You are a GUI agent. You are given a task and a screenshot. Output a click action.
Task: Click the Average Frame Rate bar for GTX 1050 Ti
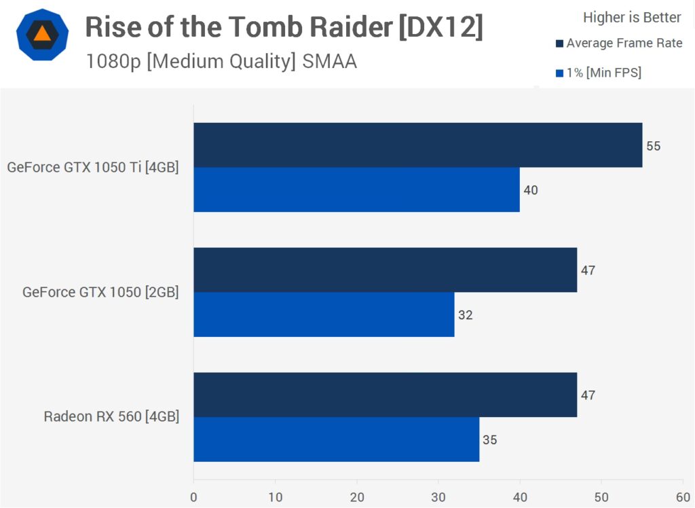tap(417, 145)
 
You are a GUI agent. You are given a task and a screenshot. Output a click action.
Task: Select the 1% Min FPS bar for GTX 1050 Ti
tap(356, 189)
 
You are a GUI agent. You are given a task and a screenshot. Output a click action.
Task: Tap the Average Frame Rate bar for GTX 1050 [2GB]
tap(385, 270)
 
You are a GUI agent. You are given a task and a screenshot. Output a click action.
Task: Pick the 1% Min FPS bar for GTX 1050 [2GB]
tap(324, 314)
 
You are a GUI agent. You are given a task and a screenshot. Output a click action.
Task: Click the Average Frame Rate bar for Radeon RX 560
tap(385, 395)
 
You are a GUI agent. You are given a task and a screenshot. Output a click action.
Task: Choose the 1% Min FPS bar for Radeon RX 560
tap(336, 439)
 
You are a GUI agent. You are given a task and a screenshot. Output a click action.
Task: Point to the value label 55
tap(653, 145)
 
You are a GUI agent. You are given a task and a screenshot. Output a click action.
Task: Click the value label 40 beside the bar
tap(531, 190)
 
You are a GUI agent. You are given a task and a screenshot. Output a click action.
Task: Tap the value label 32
tap(465, 315)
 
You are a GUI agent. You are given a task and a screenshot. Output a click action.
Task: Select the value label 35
tap(489, 440)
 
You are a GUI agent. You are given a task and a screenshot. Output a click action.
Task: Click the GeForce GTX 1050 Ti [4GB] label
tap(93, 167)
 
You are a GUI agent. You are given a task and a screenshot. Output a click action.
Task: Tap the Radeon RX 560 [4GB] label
tap(111, 416)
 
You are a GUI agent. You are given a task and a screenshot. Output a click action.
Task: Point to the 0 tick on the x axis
tap(194, 496)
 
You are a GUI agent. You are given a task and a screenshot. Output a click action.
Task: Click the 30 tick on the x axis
tap(438, 496)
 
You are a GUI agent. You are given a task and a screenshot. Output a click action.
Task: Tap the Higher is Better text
tap(632, 17)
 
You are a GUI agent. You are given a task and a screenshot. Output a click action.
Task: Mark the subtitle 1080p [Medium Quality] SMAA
tap(221, 62)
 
